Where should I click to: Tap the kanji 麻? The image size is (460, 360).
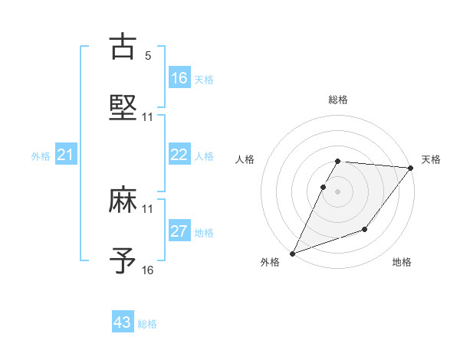123,201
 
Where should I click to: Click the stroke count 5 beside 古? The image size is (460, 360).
148,56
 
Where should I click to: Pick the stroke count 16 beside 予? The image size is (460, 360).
148,270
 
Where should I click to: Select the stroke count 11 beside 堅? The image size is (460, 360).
148,116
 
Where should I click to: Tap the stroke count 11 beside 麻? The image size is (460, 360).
148,208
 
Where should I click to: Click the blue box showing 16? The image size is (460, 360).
179,78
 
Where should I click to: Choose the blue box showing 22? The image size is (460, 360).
179,155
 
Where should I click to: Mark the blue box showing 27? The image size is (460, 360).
179,231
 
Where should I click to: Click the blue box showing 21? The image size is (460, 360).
66,155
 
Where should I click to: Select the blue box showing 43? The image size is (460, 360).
123,322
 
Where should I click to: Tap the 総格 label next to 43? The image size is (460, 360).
147,324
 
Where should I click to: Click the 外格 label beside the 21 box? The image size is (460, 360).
41,156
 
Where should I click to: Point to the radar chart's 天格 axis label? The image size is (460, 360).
431,159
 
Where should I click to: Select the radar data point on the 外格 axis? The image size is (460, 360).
292,254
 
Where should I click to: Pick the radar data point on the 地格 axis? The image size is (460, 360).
365,229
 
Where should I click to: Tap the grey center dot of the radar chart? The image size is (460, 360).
337,191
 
